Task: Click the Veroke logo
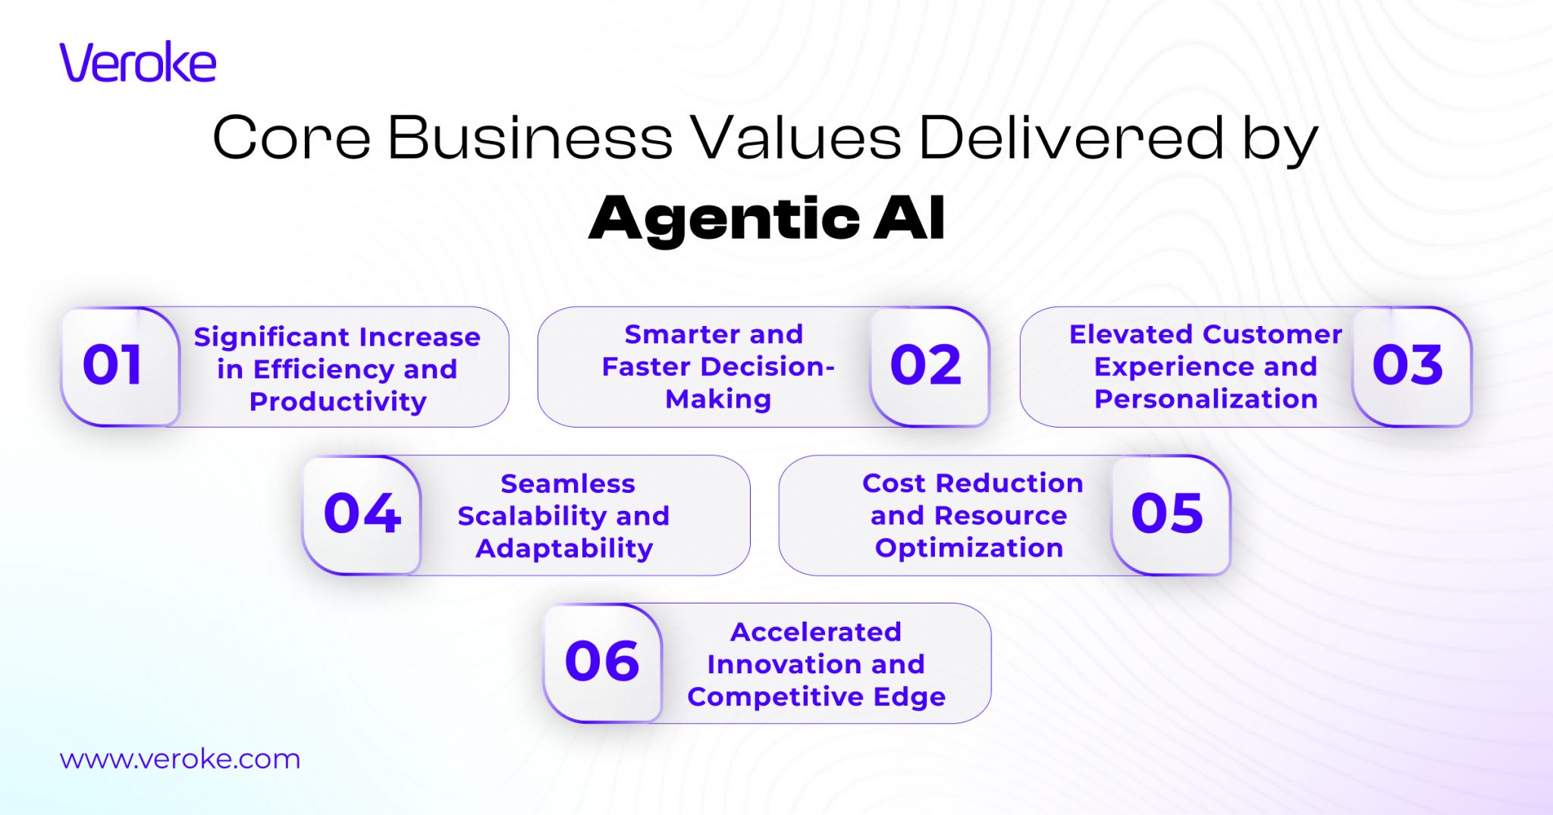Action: pos(138,62)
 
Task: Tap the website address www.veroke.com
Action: pos(180,759)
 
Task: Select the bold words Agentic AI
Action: pos(767,218)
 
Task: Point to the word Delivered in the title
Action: pos(1071,138)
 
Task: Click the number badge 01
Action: pos(113,365)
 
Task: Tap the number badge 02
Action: pos(926,365)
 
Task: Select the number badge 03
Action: pos(1407,365)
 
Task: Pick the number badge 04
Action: pos(362,514)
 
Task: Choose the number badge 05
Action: pos(1167,514)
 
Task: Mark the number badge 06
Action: pos(602,662)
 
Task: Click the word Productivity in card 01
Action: pos(338,402)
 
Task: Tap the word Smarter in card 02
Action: pos(676,334)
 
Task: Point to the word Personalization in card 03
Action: pos(1206,400)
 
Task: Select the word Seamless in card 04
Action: pos(568,484)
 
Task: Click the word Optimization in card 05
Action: pos(969,548)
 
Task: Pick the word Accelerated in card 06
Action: pos(816,632)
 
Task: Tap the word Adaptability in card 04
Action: pos(564,548)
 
